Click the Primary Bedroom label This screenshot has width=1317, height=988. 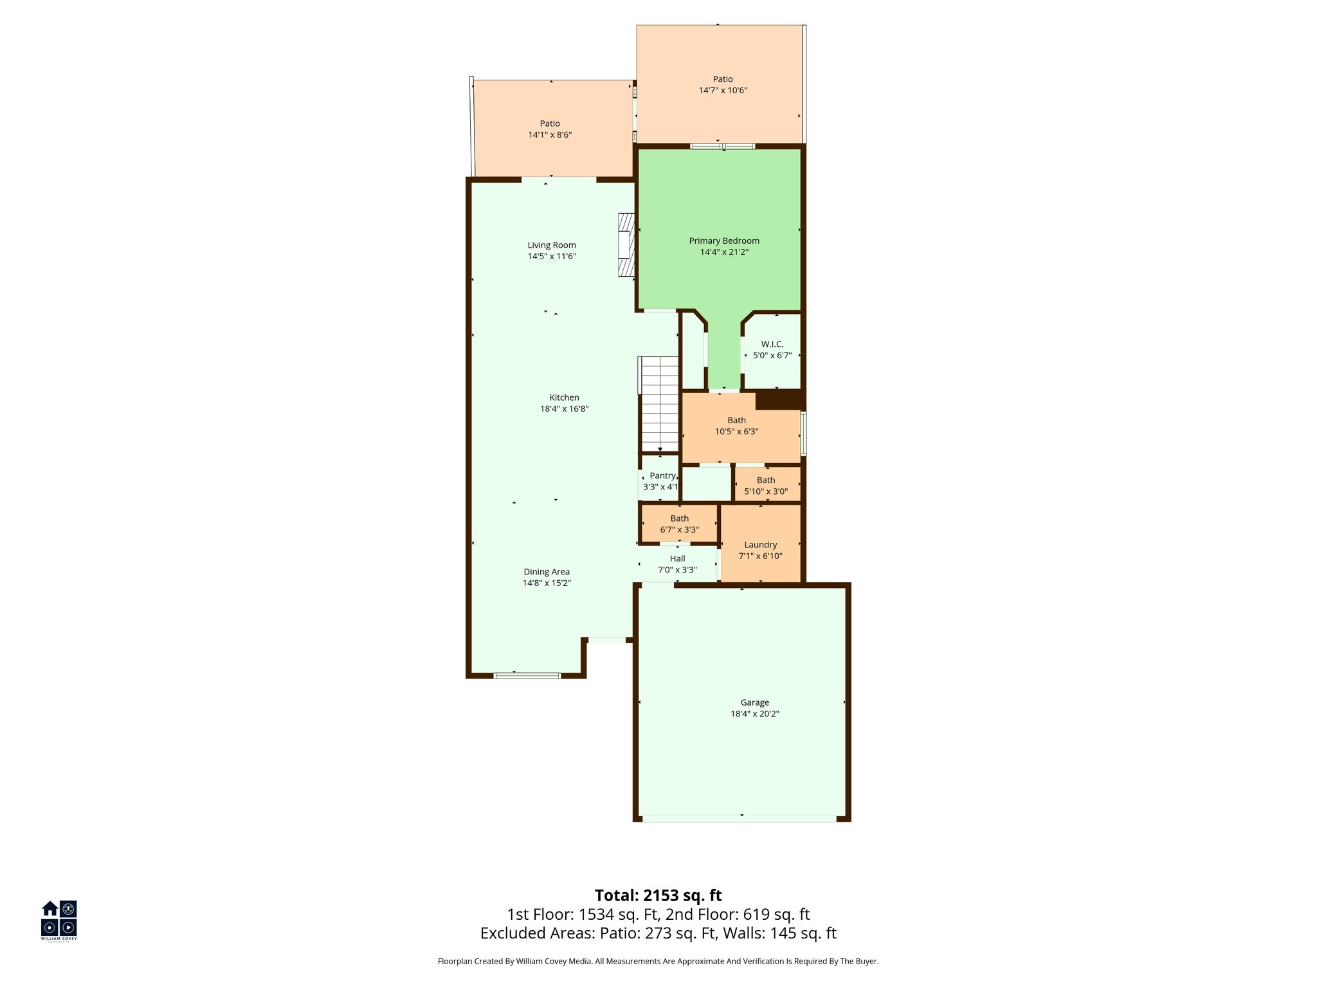tap(724, 241)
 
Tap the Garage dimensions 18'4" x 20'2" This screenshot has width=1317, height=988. tap(754, 714)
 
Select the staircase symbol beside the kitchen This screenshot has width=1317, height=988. tap(660, 404)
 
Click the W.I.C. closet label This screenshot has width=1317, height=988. tap(772, 344)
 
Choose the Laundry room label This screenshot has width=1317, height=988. tap(760, 545)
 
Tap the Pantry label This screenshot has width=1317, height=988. tap(662, 476)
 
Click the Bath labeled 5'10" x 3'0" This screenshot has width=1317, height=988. tap(766, 486)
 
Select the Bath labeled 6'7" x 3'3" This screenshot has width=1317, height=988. tap(679, 524)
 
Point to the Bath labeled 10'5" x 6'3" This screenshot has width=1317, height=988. tap(736, 426)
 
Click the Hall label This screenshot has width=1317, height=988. tap(677, 559)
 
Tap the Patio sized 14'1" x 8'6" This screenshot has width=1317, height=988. tap(550, 129)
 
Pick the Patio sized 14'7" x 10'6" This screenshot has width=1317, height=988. tap(723, 84)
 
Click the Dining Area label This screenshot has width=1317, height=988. tap(546, 572)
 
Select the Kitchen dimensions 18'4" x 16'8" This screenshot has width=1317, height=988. tap(564, 409)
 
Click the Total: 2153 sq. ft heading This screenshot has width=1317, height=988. tap(658, 895)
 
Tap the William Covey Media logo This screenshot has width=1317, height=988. tap(59, 920)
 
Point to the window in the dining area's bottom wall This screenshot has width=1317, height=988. tap(527, 675)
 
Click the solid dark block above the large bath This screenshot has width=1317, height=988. tap(779, 399)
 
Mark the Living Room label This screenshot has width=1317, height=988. tap(551, 245)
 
